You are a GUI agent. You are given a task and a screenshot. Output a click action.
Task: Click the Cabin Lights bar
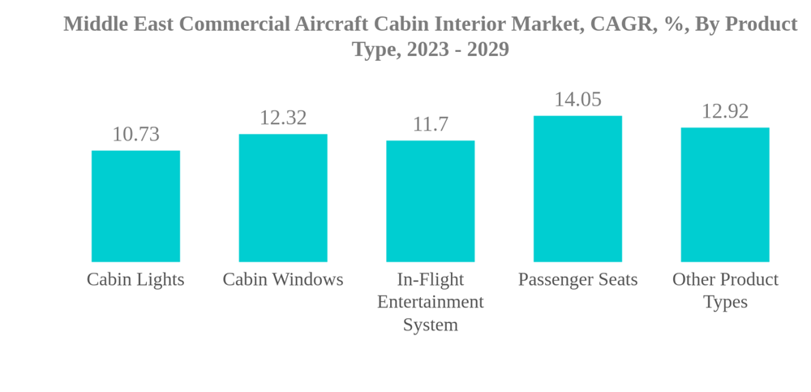(135, 206)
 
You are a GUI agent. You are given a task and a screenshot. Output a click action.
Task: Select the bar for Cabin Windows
(283, 198)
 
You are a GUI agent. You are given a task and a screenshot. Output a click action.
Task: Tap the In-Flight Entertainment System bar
(430, 201)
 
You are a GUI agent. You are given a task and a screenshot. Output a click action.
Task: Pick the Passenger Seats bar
(577, 189)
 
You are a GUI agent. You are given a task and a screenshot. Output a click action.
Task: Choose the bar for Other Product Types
(725, 195)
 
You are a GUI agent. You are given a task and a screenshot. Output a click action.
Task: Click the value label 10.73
(135, 134)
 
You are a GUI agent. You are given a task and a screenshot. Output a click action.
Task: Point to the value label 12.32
(283, 118)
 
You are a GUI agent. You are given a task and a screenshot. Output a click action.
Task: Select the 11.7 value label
(430, 124)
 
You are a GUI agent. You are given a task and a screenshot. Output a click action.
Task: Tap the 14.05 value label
(577, 99)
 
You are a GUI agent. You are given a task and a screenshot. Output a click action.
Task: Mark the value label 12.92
(725, 111)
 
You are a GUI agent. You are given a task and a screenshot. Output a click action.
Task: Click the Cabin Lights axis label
(135, 279)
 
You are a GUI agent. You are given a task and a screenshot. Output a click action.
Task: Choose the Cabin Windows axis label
(283, 279)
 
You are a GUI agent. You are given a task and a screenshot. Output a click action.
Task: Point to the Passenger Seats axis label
(577, 279)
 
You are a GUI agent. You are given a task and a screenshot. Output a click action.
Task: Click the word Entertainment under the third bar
(430, 302)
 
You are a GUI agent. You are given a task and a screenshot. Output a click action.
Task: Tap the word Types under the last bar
(725, 302)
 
